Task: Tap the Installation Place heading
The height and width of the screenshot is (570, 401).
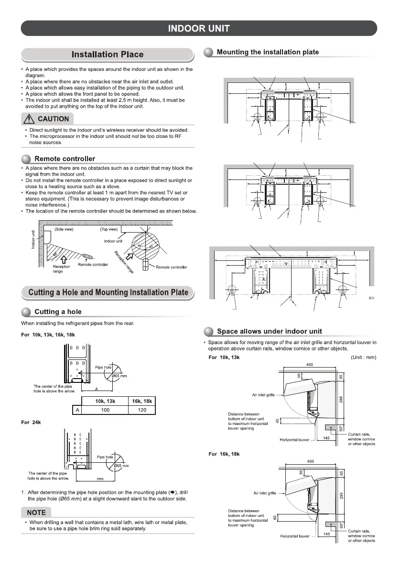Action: (107, 55)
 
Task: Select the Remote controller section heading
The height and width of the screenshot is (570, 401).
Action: (65, 158)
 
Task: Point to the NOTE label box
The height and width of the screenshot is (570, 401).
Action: (36, 513)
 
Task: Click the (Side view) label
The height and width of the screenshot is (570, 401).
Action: (63, 229)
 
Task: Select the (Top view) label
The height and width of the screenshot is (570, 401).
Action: (108, 229)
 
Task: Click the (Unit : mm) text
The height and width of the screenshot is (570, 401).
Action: (363, 357)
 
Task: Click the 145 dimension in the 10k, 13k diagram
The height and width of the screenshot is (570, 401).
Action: (326, 438)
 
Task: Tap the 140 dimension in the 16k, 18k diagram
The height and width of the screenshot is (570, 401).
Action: (326, 532)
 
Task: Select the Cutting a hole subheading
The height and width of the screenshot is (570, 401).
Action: (58, 312)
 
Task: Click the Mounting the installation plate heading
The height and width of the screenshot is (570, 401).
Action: (268, 52)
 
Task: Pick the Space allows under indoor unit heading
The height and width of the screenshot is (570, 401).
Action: (269, 331)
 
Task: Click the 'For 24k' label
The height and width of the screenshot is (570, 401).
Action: (32, 422)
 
